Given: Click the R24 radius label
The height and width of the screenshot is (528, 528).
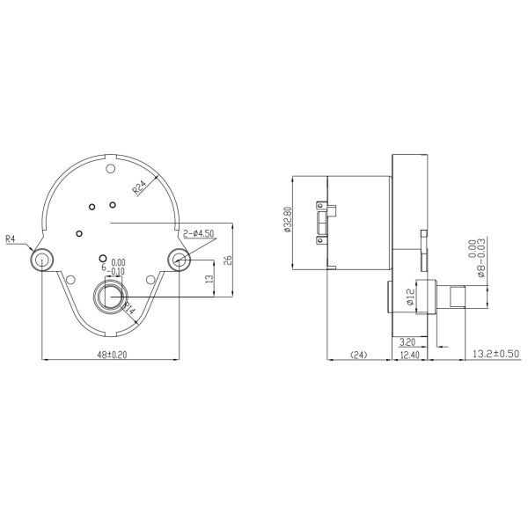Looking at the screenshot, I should [x=141, y=187].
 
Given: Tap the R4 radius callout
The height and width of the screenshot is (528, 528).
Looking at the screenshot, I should [x=11, y=238].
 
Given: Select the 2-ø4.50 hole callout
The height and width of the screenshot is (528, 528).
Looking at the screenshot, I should [x=200, y=233].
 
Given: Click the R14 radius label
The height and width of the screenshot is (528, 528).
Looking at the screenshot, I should [x=128, y=308].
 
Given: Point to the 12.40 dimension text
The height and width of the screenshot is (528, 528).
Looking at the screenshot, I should [x=409, y=355].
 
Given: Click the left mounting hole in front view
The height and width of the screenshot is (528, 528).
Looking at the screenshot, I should [x=41, y=259].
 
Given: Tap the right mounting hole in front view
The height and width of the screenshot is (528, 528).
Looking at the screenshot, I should [x=180, y=259].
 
